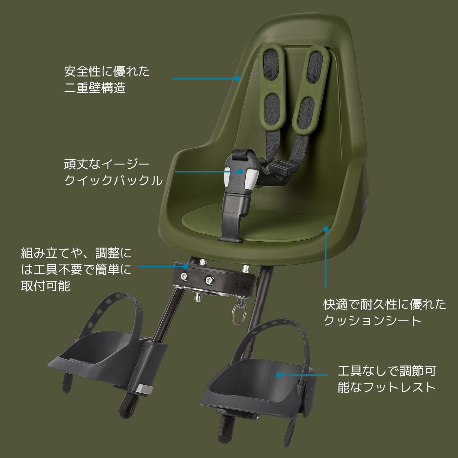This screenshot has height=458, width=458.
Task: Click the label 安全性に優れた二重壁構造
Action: pyautogui.click(x=106, y=80)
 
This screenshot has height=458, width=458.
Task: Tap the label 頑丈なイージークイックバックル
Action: pyautogui.click(x=113, y=173)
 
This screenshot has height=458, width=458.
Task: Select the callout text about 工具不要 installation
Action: pyautogui.click(x=76, y=270)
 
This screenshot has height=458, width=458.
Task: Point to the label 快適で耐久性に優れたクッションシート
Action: pyautogui.click(x=384, y=313)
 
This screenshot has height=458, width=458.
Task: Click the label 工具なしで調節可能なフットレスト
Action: pyautogui.click(x=387, y=379)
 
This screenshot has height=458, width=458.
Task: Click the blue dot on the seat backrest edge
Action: pyautogui.click(x=237, y=79)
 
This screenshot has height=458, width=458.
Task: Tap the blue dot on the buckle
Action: pyautogui.click(x=240, y=171)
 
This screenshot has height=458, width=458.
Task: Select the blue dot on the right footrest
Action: pyautogui.click(x=279, y=375)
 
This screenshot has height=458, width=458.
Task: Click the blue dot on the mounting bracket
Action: pyautogui.click(x=186, y=266)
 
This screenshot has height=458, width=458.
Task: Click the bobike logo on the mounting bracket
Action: pyautogui.click(x=243, y=285)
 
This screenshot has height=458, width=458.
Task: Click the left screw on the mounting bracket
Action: pyautogui.click(x=184, y=276)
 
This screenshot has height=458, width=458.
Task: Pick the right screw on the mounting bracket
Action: pyautogui.click(x=209, y=280)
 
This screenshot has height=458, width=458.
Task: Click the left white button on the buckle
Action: pyautogui.click(x=227, y=177)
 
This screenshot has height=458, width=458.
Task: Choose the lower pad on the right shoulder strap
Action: pyautogui.click(x=306, y=113)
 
